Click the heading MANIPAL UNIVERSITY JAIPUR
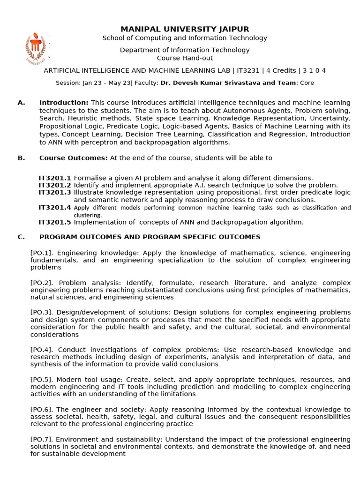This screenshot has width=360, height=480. pos(185,29)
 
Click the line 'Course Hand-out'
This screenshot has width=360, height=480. pos(185,58)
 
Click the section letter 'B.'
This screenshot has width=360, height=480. pos(21,158)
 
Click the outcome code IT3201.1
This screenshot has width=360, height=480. pos(55,178)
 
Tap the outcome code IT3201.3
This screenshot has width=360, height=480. pos(55,193)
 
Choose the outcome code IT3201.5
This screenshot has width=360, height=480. pos(55,222)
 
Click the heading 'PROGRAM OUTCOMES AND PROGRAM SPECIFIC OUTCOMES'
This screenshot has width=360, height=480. pos(150,237)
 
